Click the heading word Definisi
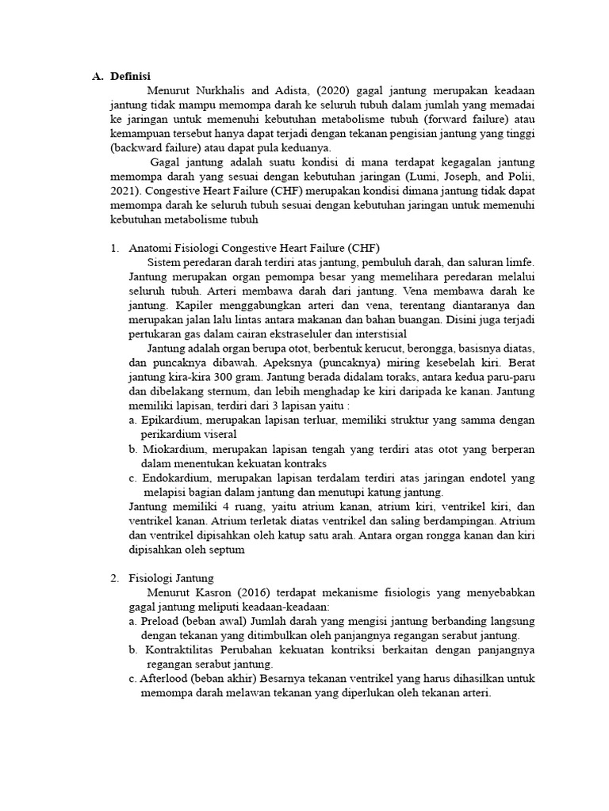click(x=130, y=77)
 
